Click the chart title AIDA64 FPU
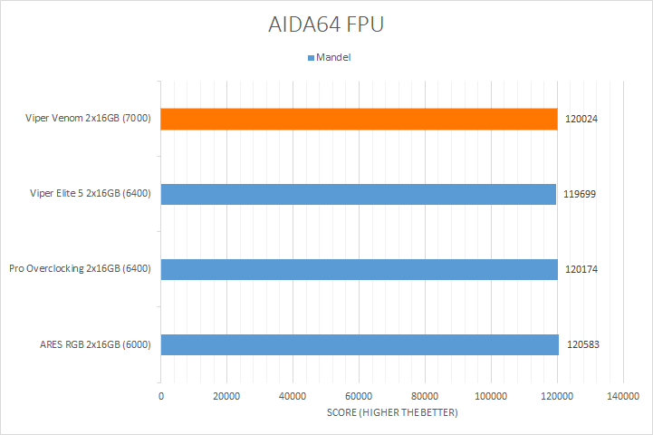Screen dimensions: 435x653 326,24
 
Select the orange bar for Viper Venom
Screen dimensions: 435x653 360,119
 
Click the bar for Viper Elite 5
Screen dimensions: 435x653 359,194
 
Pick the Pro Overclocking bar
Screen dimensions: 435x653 360,269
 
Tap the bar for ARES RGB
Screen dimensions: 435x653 360,344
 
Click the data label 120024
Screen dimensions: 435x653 579,119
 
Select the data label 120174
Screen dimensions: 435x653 579,269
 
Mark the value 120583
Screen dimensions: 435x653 583,344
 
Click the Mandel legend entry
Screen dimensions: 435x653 330,56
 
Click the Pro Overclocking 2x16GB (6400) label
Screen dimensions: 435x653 80,269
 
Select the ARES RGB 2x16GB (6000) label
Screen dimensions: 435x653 96,344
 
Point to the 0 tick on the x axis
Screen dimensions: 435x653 161,396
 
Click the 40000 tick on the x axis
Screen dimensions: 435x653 293,396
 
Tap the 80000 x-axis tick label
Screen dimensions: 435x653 425,396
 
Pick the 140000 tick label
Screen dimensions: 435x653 623,396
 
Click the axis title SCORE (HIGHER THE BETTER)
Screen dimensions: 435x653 392,413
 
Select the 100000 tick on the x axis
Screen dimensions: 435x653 491,396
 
